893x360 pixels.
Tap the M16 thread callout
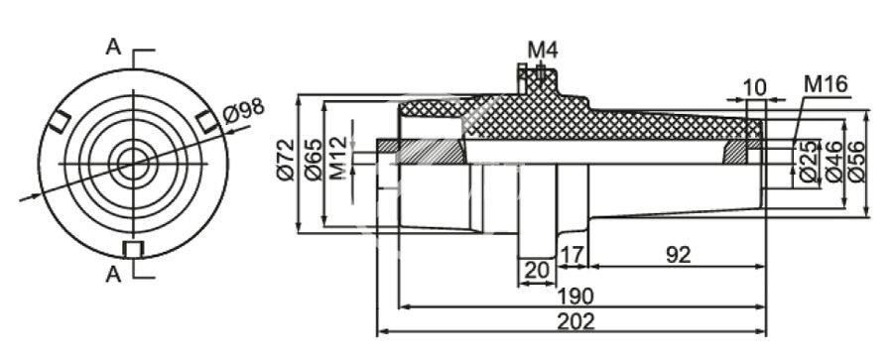(x=825, y=84)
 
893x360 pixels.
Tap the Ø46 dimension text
(x=831, y=163)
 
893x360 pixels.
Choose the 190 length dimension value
(x=575, y=296)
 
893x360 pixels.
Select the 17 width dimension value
(x=571, y=255)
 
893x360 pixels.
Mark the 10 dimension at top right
(x=754, y=86)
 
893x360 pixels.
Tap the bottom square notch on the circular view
(x=132, y=248)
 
